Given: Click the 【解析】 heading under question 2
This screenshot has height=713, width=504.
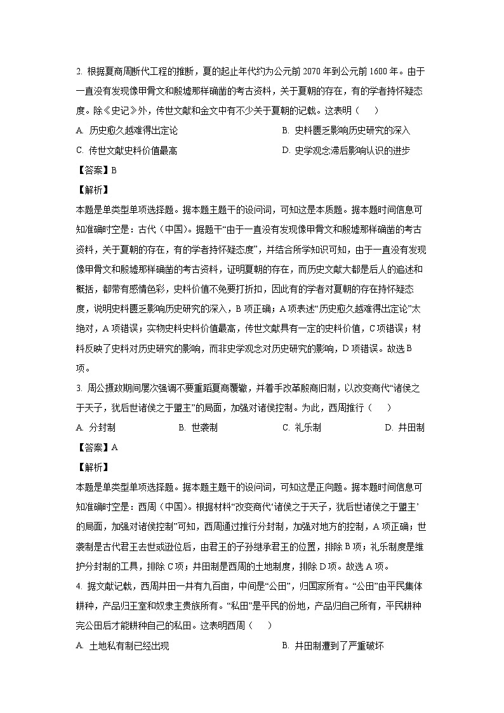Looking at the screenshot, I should coord(92,190).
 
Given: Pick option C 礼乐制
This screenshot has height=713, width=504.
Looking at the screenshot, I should coord(302,427).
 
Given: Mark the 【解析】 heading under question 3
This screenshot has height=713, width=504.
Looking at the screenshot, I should coord(92,467).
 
